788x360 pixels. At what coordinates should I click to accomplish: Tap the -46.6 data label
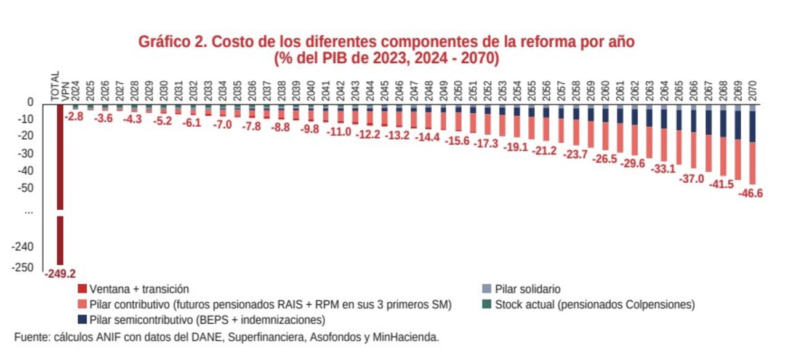click(x=750, y=193)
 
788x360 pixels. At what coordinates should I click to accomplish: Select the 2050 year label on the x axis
click(x=458, y=91)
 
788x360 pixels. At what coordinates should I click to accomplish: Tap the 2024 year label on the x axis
click(x=75, y=91)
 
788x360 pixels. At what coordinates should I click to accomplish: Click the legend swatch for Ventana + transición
click(x=82, y=289)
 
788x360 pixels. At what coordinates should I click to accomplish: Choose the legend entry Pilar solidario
click(x=527, y=289)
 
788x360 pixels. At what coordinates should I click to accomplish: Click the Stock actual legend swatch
click(x=486, y=304)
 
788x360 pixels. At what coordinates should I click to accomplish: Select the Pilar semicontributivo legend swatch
click(x=82, y=320)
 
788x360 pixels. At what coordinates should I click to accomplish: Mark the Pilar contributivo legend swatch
click(x=82, y=304)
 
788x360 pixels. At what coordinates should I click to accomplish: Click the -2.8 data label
click(x=74, y=116)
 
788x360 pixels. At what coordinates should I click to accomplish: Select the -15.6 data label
click(x=457, y=141)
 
